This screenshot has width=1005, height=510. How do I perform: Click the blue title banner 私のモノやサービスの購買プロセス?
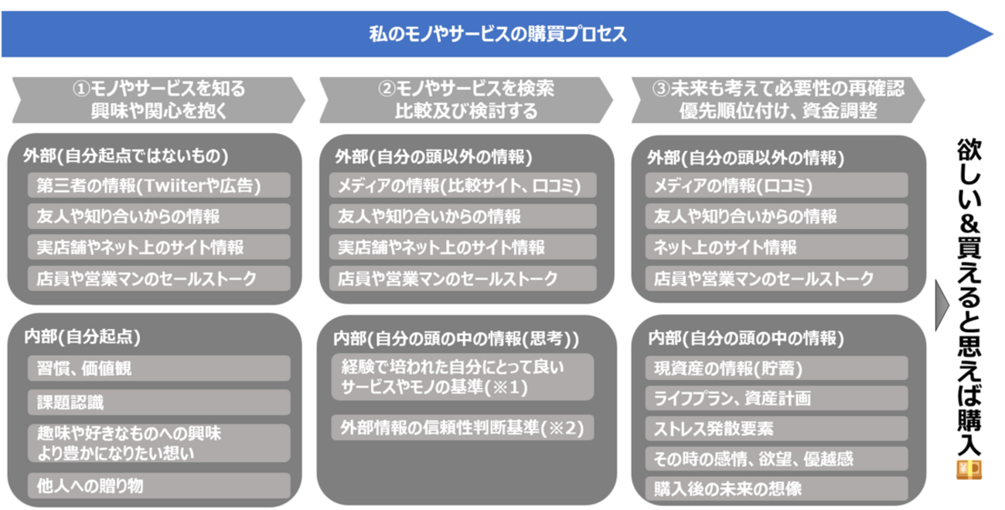point(495,35)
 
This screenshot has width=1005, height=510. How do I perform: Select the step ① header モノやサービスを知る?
point(158,100)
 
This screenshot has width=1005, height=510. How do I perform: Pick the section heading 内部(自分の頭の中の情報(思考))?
point(456,339)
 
